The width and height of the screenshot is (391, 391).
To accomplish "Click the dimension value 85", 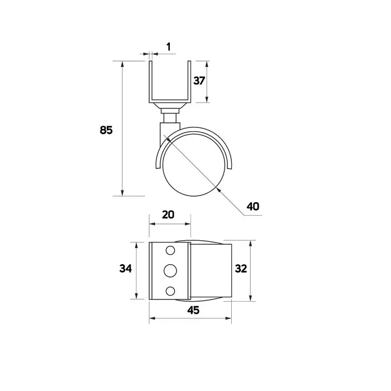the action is pos(106,130).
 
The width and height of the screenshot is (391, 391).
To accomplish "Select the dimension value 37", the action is pos(199,81).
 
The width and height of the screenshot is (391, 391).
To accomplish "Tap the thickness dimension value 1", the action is pos(169,46).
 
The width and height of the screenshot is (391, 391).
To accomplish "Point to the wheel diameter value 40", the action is pos(253,207).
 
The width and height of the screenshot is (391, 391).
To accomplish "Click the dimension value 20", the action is pos(168,214).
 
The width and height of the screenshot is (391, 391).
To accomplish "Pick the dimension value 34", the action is pos(126,269).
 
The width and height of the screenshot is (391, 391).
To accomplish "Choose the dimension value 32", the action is pos(241,269).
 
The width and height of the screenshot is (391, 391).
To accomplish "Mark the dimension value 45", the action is pos(193,310).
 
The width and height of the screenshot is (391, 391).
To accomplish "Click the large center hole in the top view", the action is pos(170,270).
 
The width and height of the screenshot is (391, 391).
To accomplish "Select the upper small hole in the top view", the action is pos(170,250).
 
